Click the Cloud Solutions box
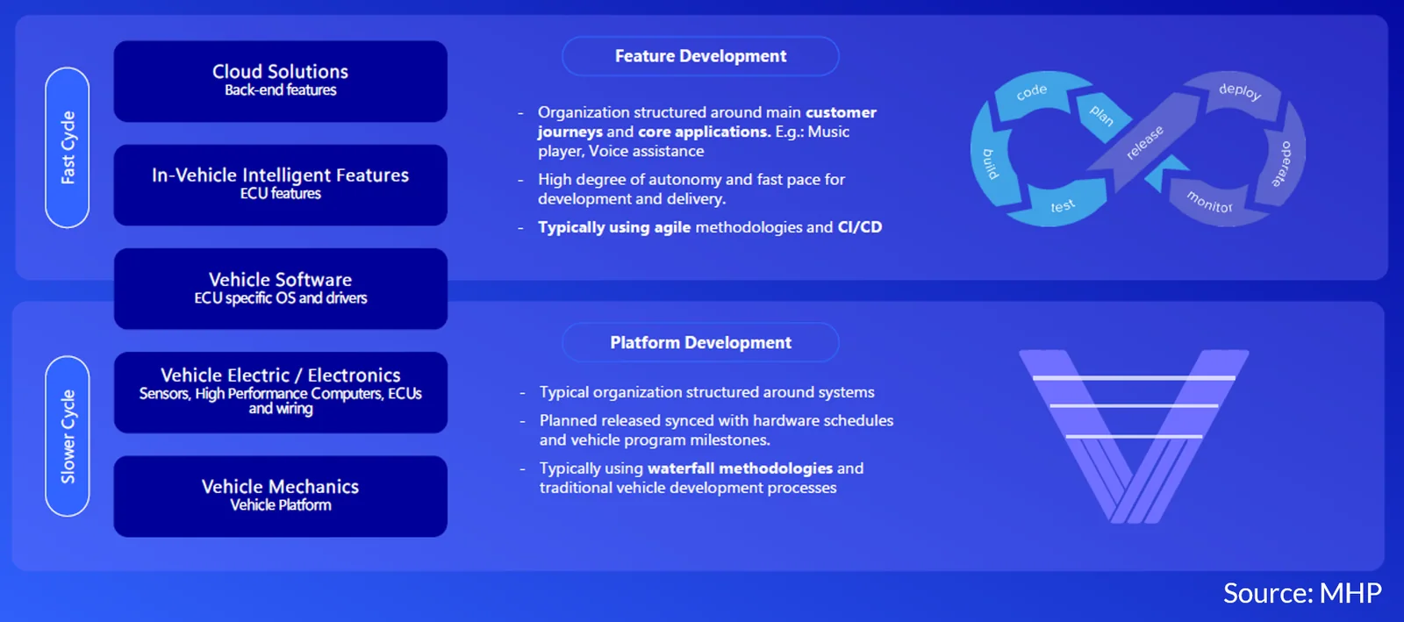pyautogui.click(x=280, y=82)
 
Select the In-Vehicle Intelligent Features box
pyautogui.click(x=280, y=185)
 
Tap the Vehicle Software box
pyautogui.click(x=280, y=289)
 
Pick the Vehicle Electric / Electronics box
pyautogui.click(x=280, y=392)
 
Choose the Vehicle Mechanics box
pyautogui.click(x=280, y=496)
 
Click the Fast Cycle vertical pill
pyautogui.click(x=67, y=147)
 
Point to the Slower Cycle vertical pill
pyautogui.click(x=67, y=436)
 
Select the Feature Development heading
pyautogui.click(x=700, y=56)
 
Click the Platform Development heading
pyautogui.click(x=700, y=342)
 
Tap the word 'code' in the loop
pyautogui.click(x=1032, y=91)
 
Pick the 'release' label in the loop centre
pyautogui.click(x=1144, y=142)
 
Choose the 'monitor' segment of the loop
pyautogui.click(x=1210, y=202)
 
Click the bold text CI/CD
pyautogui.click(x=859, y=226)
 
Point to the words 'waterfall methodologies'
pyautogui.click(x=740, y=468)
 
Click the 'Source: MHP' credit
pyautogui.click(x=1302, y=592)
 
